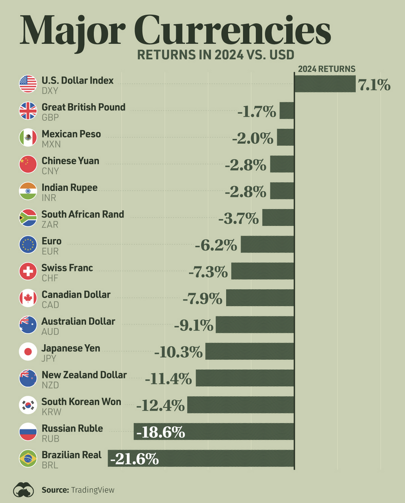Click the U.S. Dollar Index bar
pos(324,84)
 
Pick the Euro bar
pos(267,244)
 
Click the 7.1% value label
pos(374,85)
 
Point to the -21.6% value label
pos(134,460)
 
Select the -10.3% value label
pos(178,352)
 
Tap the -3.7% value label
pos(239,218)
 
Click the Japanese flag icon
pos(28,352)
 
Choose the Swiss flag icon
pos(28,271)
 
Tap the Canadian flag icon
pos(28,298)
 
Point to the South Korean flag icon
pos(28,405)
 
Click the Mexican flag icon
pos(28,138)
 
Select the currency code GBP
pos(50,117)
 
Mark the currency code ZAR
pos(50,225)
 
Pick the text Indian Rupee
pos(69,188)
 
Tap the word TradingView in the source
pos(93,490)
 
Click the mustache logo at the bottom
pos(24,490)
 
